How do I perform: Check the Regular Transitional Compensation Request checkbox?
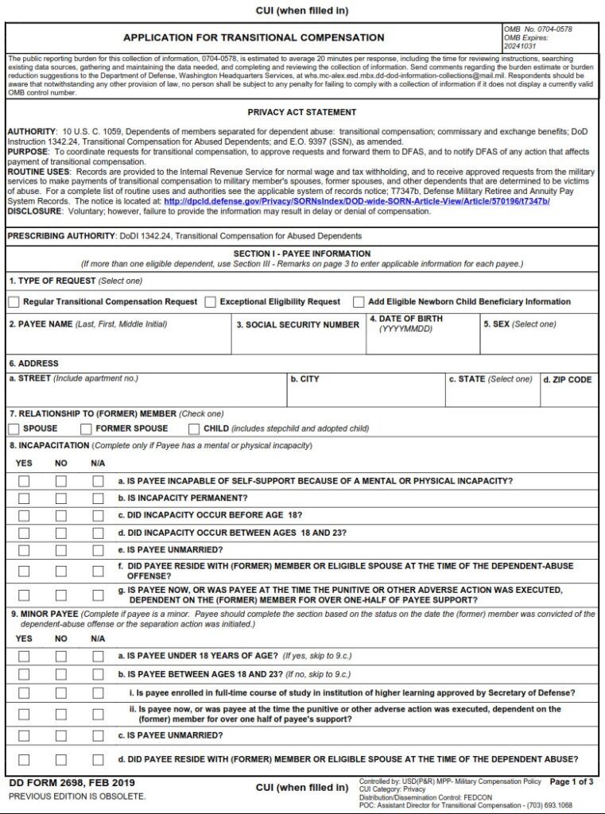pos(14,302)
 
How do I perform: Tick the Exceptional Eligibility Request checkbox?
pos(210,302)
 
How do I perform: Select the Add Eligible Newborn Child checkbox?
pos(359,302)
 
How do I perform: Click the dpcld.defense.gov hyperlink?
pos(356,202)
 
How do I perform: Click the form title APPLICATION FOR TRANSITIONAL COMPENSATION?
pos(254,37)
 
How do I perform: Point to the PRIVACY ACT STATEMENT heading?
pos(302,113)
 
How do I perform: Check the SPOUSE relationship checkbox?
pos(14,429)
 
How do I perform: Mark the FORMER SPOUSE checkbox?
pos(86,429)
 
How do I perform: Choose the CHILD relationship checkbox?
pos(194,429)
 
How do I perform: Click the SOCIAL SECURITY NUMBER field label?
pos(297,325)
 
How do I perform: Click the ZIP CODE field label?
pos(567,380)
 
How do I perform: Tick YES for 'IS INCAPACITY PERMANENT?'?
pos(24,498)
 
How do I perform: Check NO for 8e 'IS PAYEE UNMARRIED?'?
pos(61,550)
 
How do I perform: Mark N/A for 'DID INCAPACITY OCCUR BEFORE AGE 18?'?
pos(98,516)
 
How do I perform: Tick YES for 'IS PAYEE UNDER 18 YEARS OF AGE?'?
pos(24,657)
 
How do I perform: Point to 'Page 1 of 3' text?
pos(571,782)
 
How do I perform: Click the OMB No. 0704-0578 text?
pos(537,29)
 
